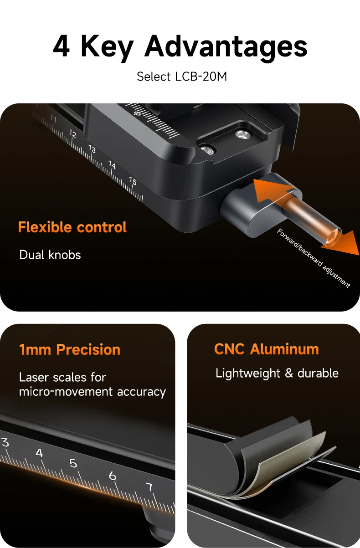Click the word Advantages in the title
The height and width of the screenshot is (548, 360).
click(x=226, y=48)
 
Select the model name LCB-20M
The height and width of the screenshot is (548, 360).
click(x=201, y=77)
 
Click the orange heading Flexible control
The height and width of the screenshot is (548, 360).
click(x=72, y=227)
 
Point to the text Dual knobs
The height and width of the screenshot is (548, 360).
click(x=50, y=255)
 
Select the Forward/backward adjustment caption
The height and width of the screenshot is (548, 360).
click(x=314, y=258)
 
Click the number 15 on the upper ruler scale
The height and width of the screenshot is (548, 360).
click(x=133, y=181)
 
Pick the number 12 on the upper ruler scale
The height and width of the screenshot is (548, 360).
click(x=72, y=133)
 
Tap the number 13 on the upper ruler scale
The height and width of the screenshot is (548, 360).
click(x=92, y=149)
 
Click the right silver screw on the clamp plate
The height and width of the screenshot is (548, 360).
click(x=242, y=134)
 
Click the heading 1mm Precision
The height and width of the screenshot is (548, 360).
click(x=70, y=349)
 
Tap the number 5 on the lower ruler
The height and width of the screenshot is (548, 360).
click(x=73, y=463)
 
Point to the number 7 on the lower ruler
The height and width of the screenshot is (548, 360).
click(x=149, y=487)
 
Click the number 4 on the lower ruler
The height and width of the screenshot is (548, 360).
click(x=39, y=453)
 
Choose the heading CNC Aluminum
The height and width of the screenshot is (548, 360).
click(x=267, y=349)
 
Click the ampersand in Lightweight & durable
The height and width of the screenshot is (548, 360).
click(x=289, y=374)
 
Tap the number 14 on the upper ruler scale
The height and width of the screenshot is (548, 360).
click(x=112, y=164)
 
